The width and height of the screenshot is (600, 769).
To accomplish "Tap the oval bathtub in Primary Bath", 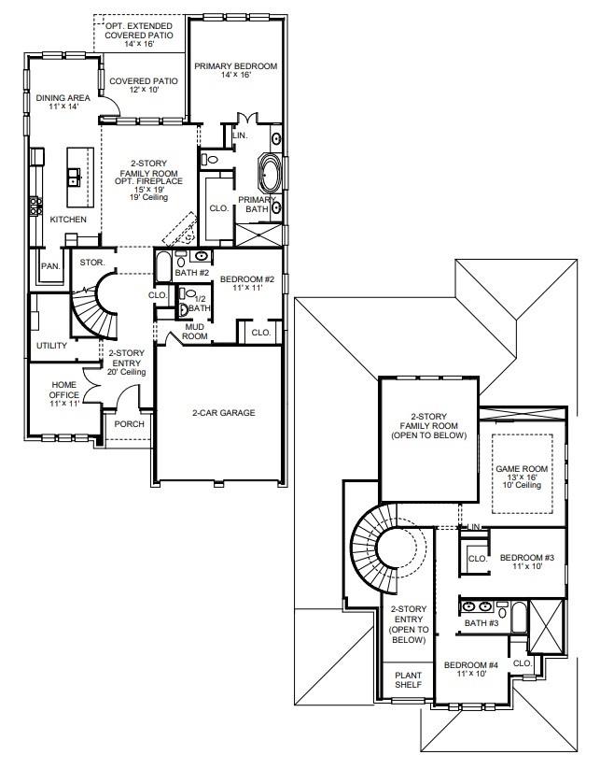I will (x=270, y=175).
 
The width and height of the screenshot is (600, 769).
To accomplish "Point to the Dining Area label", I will (x=63, y=103).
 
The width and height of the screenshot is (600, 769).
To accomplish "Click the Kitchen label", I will (x=68, y=220).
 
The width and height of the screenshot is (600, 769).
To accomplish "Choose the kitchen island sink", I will (x=74, y=176).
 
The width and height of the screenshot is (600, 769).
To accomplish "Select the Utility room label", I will (x=51, y=346).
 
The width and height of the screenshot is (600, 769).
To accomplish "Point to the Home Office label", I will (x=64, y=390).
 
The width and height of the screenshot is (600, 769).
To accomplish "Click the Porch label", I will (x=129, y=423).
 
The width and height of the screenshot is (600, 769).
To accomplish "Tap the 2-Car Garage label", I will (x=223, y=413).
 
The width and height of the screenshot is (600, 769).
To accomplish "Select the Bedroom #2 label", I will (x=247, y=282).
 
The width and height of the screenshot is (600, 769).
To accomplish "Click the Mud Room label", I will (x=195, y=331).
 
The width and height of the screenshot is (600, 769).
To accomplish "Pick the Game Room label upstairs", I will (x=523, y=477).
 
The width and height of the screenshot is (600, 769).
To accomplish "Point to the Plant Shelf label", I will (x=407, y=679).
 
